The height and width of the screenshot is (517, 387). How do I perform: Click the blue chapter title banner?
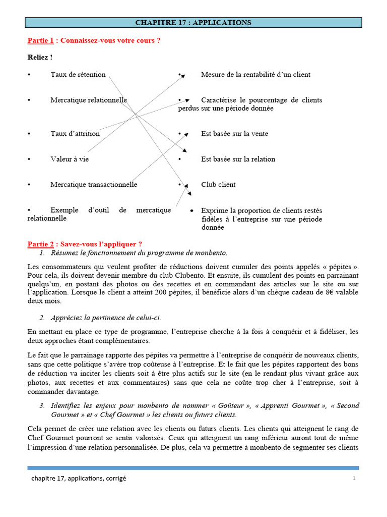click(x=193, y=23)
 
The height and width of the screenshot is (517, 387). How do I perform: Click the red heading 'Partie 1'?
click(x=40, y=40)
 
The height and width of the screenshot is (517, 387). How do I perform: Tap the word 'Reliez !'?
click(x=40, y=57)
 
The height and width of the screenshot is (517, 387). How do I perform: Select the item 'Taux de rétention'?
click(x=78, y=75)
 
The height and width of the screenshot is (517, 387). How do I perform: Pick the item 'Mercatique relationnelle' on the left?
click(x=88, y=100)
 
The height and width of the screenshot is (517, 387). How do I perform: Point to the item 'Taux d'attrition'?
click(x=75, y=134)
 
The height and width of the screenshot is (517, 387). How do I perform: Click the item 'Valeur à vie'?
click(x=70, y=159)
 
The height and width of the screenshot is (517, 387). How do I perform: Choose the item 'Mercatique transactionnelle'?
click(x=94, y=185)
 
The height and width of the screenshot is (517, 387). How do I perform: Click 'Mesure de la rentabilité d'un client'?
click(x=255, y=75)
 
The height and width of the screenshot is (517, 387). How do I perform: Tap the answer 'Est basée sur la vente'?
click(x=234, y=134)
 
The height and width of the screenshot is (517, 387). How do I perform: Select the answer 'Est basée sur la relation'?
click(x=238, y=159)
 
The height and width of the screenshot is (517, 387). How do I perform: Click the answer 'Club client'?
click(x=218, y=185)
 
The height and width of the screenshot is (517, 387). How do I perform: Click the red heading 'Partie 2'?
click(x=40, y=244)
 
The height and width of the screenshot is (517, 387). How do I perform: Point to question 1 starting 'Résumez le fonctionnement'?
click(x=139, y=252)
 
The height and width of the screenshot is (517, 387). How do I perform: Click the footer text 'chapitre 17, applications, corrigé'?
click(x=79, y=479)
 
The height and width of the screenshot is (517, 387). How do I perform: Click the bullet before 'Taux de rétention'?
click(x=29, y=75)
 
